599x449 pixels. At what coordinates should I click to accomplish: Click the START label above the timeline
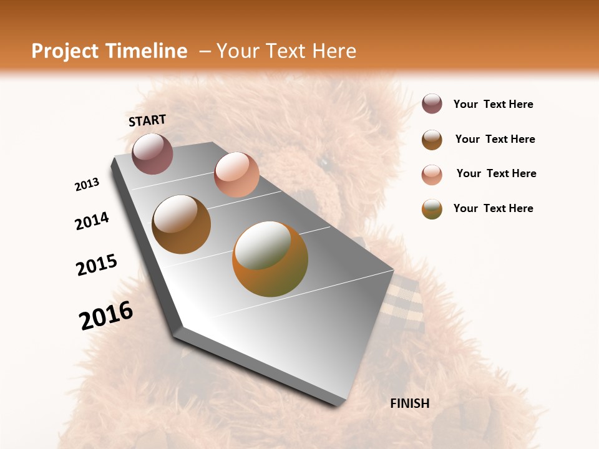[x=147, y=120]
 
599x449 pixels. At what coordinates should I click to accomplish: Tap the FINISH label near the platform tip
[x=409, y=403]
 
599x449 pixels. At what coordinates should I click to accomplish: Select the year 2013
[x=87, y=185]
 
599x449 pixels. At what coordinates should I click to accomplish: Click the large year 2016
[x=106, y=316]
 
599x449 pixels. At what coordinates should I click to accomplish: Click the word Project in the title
[x=64, y=51]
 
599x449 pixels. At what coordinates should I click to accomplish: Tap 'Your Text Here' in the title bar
[x=286, y=51]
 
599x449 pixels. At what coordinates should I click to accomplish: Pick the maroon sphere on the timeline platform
[x=152, y=153]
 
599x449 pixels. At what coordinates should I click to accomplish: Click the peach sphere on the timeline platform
[x=236, y=174]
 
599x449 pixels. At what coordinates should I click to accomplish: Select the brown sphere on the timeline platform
[x=181, y=224]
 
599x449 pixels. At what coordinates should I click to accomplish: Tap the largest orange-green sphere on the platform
[x=270, y=259]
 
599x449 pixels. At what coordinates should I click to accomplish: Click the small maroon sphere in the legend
[x=432, y=104]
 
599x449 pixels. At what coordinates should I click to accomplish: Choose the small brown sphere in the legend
[x=432, y=140]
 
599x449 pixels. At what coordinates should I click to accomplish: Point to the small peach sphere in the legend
[x=432, y=175]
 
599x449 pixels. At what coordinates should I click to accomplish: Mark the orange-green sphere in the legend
[x=432, y=209]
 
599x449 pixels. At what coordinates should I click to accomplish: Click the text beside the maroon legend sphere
[x=493, y=104]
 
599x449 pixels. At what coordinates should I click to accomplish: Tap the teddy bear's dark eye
[x=324, y=162]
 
